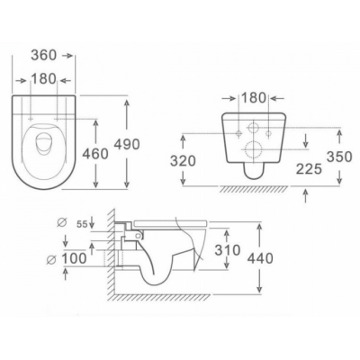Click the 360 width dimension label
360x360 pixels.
44,55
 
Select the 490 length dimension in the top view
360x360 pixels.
127,144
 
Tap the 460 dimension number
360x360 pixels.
95,154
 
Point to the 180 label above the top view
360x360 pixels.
44,79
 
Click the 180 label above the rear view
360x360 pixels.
254,98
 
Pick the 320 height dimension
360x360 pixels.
183,161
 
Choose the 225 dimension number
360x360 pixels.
309,169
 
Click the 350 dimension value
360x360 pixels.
339,157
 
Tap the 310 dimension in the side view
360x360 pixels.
228,250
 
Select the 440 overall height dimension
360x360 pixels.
260,258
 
